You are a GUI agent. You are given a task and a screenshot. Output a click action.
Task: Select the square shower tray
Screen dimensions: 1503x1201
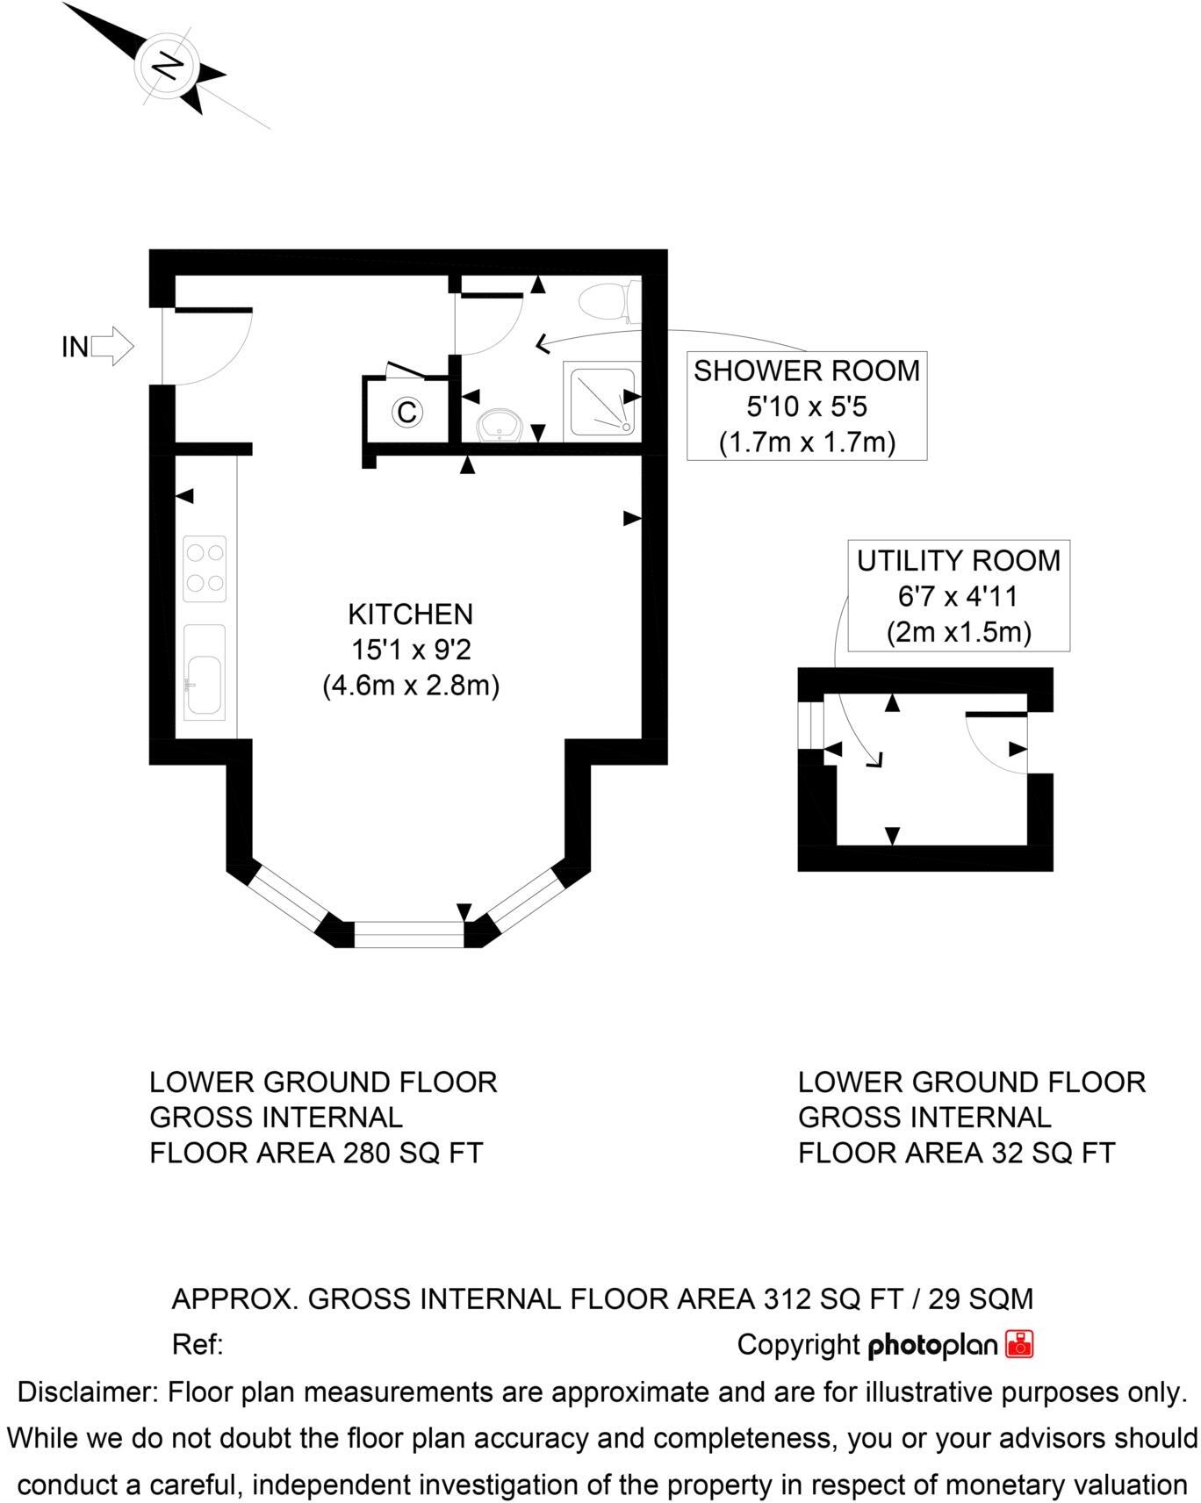click(x=601, y=402)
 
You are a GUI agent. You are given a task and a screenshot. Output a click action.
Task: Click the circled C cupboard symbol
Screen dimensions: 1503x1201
click(x=407, y=411)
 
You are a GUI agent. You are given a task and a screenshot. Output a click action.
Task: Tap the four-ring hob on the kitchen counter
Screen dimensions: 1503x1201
click(x=205, y=569)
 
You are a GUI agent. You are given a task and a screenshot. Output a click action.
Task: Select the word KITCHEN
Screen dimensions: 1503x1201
click(x=410, y=614)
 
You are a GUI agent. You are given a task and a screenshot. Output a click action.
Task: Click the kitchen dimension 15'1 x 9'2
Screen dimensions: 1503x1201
click(x=410, y=650)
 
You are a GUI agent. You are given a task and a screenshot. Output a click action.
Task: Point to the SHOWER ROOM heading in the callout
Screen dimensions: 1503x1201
click(x=806, y=370)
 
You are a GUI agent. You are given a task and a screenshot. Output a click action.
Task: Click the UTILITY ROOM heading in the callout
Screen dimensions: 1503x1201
click(x=958, y=560)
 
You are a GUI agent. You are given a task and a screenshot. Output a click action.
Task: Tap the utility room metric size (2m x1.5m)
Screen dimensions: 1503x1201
click(x=958, y=632)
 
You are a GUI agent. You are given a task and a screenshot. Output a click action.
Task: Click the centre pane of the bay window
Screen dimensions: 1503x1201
click(x=408, y=934)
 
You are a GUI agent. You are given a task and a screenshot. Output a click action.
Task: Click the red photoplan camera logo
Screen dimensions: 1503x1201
click(x=1020, y=1344)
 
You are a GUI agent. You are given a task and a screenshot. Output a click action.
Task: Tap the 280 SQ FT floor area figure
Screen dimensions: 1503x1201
click(x=411, y=1153)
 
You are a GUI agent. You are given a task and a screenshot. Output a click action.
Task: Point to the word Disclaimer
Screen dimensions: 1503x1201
click(x=87, y=1392)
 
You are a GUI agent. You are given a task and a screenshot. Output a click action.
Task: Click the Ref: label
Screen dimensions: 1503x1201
click(x=198, y=1344)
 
